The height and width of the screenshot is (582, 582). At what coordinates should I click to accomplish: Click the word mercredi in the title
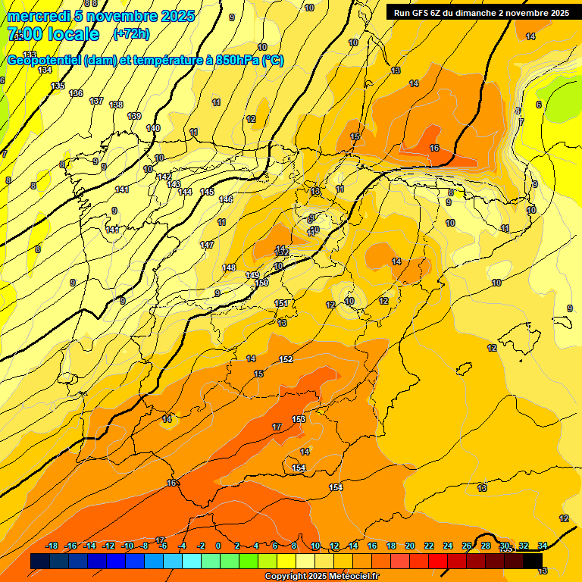tap(36, 17)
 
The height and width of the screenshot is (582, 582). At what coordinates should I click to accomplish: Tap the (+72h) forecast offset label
tap(131, 34)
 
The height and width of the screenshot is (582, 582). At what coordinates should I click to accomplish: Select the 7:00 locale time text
tap(53, 34)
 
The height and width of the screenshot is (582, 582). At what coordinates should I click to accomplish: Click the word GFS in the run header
tap(419, 13)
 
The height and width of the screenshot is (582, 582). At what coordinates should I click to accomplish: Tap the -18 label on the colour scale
tap(52, 546)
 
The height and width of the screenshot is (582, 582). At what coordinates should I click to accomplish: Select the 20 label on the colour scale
tap(409, 546)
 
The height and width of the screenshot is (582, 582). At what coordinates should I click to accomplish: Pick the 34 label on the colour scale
tap(543, 546)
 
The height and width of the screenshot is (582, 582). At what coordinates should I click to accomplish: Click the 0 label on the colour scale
tap(218, 546)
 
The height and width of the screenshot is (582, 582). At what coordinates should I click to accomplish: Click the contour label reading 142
tap(164, 177)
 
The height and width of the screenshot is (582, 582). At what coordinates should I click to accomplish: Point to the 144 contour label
tap(185, 192)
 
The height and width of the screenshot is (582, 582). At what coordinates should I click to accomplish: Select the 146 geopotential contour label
tap(226, 199)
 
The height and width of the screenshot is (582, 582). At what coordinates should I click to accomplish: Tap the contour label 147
tap(207, 245)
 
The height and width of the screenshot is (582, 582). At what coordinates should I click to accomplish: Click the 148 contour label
tap(229, 268)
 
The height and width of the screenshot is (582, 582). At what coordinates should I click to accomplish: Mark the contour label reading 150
tap(261, 283)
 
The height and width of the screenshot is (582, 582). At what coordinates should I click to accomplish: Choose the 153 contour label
tap(299, 419)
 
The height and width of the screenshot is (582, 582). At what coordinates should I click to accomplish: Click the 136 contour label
tap(76, 93)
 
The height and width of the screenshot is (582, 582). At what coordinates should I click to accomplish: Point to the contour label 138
tap(116, 105)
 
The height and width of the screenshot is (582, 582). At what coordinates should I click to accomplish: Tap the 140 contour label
tap(153, 128)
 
